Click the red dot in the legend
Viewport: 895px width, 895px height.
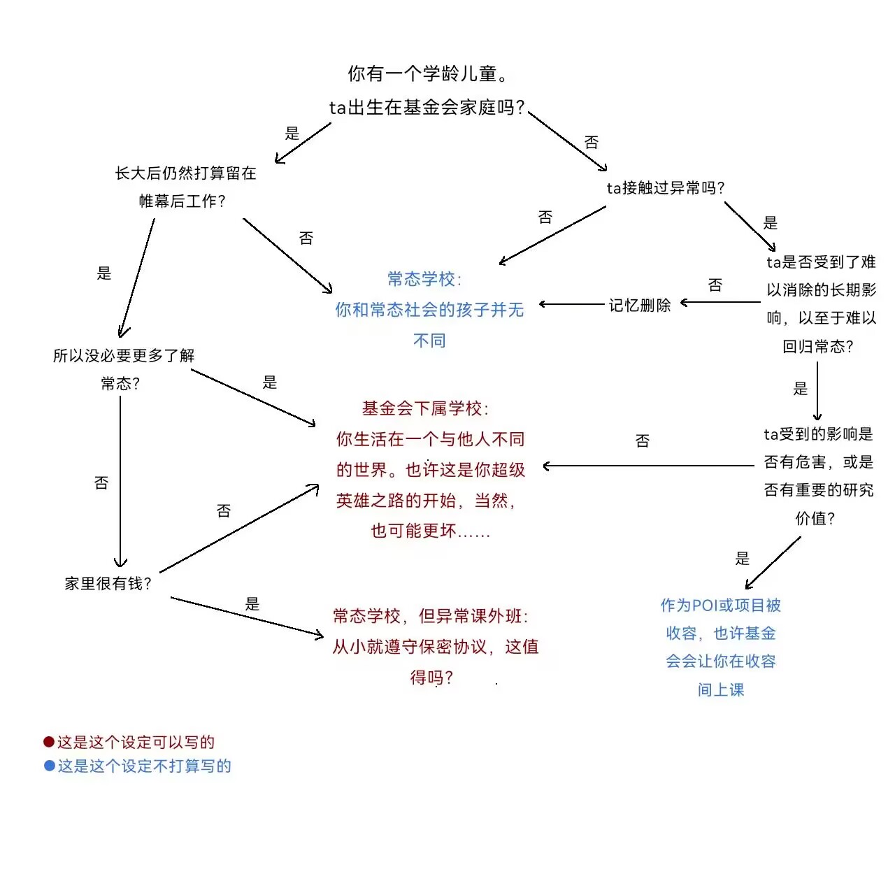tap(49, 742)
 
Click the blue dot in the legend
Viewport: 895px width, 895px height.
tap(50, 766)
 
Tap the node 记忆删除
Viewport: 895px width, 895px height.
tap(640, 305)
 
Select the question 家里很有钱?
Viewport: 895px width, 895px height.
tap(108, 583)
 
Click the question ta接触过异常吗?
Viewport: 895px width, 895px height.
tap(666, 187)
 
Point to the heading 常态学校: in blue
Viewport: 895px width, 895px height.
tap(424, 279)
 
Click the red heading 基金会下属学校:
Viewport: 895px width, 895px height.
tap(425, 408)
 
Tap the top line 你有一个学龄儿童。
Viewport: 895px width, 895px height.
tap(428, 73)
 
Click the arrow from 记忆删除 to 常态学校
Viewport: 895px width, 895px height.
tap(572, 304)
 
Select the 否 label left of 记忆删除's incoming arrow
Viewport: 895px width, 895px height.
tap(715, 285)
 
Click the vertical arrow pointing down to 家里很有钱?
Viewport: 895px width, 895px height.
tap(120, 482)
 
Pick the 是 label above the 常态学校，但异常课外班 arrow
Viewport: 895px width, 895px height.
tap(252, 604)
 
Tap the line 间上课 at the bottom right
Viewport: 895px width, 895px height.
tap(721, 689)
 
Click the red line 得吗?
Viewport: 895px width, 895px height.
tap(431, 677)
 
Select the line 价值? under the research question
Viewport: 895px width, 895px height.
tap(815, 518)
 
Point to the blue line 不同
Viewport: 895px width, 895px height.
tap(429, 341)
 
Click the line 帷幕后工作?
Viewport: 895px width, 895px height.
tap(182, 201)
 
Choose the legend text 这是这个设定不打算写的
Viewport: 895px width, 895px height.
tap(145, 766)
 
